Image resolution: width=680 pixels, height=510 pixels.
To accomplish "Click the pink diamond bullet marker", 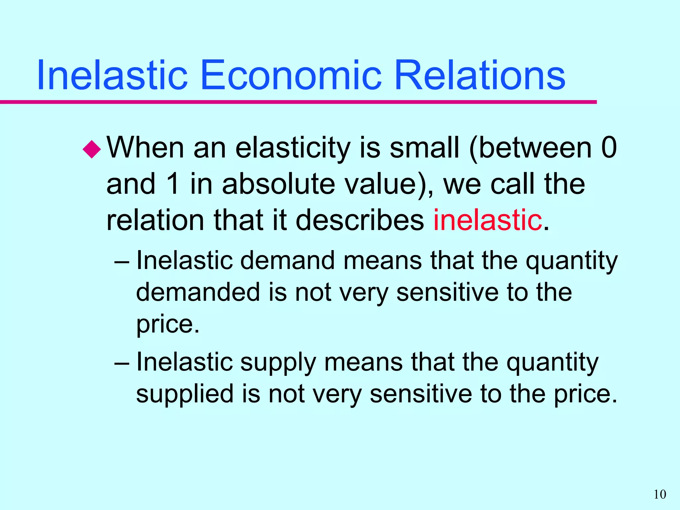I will [x=92, y=149].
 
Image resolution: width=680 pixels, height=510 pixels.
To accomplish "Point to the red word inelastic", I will [x=487, y=220].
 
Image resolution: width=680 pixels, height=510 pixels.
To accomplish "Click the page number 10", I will [x=660, y=494].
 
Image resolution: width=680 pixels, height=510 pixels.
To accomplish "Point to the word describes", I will [x=360, y=220].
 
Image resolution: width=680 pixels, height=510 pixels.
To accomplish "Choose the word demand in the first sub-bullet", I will [x=288, y=260].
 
